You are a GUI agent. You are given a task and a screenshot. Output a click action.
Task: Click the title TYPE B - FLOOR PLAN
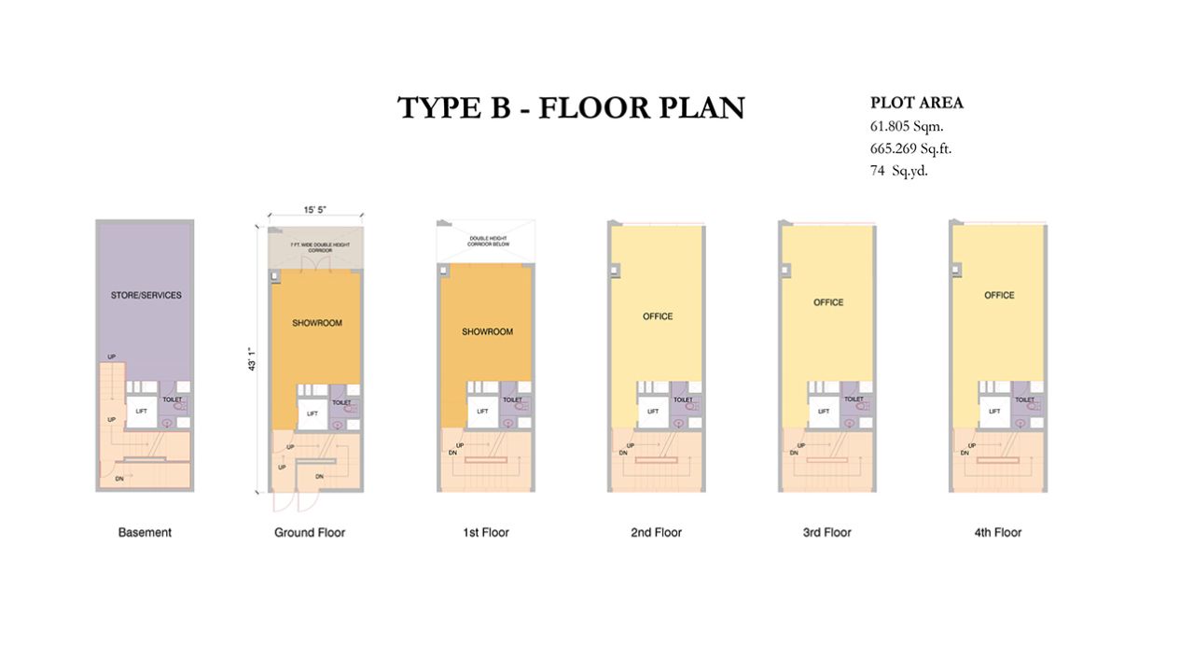(571, 107)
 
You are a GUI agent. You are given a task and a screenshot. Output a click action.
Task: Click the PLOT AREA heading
(916, 103)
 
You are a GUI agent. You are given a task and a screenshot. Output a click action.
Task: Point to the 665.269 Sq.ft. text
(910, 148)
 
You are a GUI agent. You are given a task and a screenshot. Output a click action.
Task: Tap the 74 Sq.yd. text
(898, 171)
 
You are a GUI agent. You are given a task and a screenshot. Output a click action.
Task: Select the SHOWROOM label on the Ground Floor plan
(316, 323)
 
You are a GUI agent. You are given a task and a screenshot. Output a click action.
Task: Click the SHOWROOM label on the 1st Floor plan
(487, 331)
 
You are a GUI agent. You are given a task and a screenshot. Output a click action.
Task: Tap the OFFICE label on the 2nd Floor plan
(658, 316)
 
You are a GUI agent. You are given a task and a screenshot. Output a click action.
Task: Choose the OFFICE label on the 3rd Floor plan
(828, 302)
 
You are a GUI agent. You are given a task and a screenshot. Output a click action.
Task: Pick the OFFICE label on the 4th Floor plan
(999, 295)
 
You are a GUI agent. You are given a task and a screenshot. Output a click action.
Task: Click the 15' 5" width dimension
(314, 210)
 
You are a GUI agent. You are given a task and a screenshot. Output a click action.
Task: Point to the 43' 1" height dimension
(250, 360)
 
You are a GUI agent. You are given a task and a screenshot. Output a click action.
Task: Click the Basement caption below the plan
(145, 532)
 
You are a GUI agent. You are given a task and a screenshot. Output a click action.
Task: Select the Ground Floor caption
(310, 532)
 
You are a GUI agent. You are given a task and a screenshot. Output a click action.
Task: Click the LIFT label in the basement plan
(142, 410)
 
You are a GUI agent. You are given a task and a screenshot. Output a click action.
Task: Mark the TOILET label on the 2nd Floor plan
(683, 399)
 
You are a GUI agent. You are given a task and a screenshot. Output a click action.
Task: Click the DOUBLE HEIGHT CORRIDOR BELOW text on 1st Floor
(487, 244)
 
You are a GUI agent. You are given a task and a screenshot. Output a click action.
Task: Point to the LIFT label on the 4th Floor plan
(994, 411)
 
